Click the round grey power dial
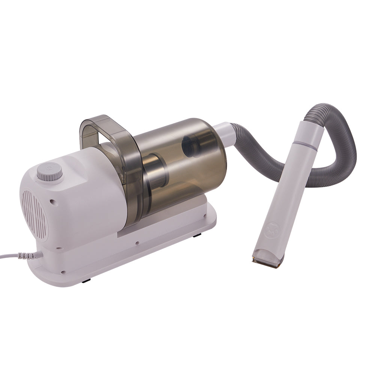(49, 173)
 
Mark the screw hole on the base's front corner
(63, 273)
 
